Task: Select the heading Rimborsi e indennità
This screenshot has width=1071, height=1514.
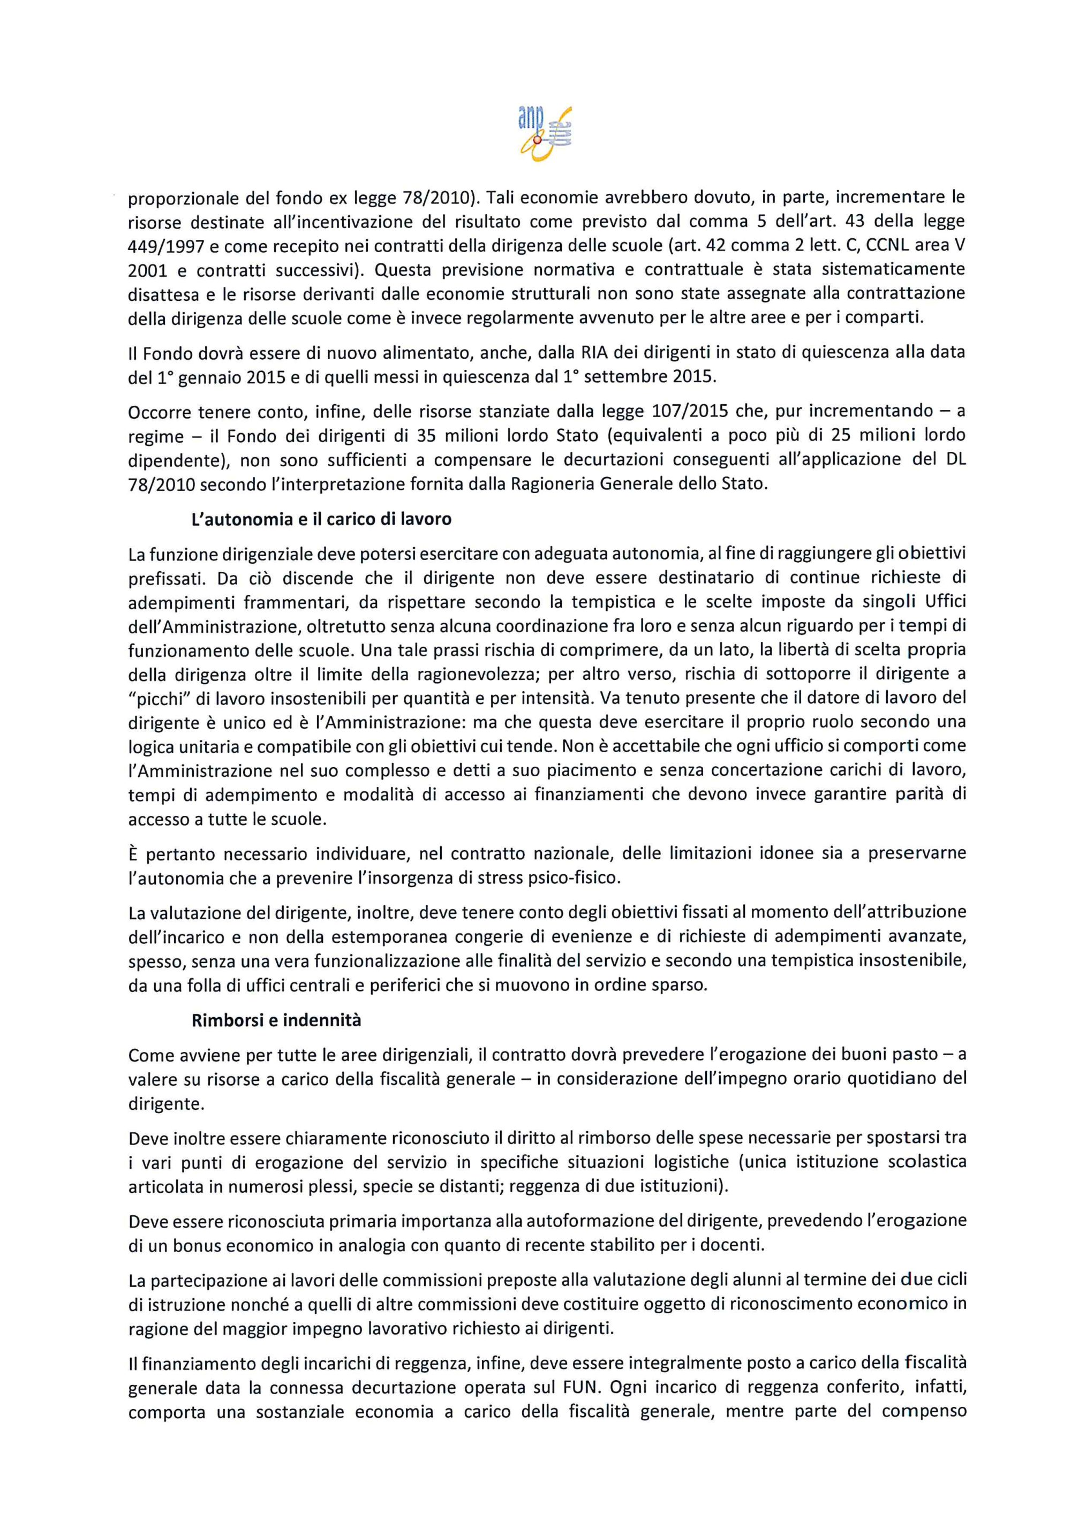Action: (276, 1020)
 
